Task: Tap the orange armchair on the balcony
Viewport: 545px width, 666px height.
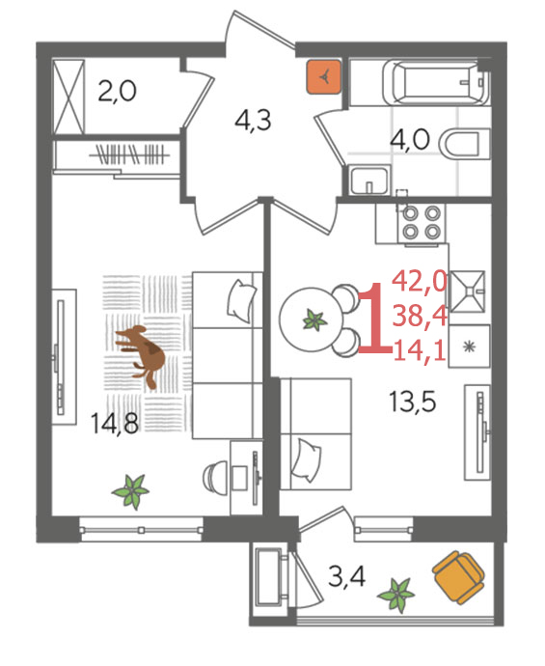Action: (x=458, y=577)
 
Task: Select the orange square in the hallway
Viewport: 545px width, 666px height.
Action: (x=324, y=77)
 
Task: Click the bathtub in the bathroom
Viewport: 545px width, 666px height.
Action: (x=436, y=83)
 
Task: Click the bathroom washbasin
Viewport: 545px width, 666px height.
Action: (x=368, y=180)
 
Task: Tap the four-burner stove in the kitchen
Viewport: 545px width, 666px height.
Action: (x=422, y=222)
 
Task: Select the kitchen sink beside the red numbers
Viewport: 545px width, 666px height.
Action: (x=467, y=291)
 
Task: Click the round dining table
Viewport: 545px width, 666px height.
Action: (x=312, y=319)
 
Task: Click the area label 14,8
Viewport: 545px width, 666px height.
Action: (x=115, y=423)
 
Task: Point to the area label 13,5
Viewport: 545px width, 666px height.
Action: (x=412, y=401)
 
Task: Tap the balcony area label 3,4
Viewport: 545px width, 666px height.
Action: (x=347, y=576)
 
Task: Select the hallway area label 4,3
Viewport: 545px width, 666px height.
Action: (x=253, y=121)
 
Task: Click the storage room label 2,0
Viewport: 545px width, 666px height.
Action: (x=117, y=91)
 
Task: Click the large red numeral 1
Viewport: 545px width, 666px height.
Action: (x=375, y=318)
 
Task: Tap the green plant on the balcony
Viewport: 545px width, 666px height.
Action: (x=396, y=595)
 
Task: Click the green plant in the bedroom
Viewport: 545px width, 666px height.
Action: (x=131, y=491)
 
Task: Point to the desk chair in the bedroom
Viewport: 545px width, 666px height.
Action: (x=216, y=477)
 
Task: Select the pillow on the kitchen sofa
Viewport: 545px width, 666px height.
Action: (x=306, y=460)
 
